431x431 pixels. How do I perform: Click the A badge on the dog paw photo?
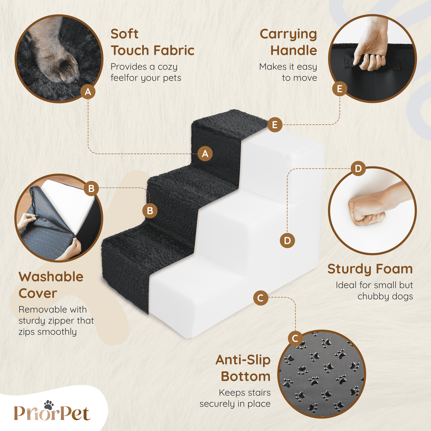click(88, 92)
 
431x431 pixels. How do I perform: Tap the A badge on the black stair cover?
click(205, 154)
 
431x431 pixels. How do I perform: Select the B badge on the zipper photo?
click(91, 189)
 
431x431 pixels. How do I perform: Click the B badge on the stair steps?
click(150, 211)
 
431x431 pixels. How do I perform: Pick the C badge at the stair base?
click(261, 298)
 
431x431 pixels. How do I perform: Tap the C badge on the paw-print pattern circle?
click(295, 338)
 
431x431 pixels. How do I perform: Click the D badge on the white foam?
click(287, 240)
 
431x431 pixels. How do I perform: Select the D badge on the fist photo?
click(358, 169)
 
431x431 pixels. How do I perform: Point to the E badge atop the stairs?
click(275, 125)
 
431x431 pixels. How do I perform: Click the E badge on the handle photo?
click(339, 89)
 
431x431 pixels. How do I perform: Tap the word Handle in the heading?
click(294, 50)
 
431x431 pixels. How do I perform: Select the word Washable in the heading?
click(51, 277)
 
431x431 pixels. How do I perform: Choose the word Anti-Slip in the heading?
click(243, 360)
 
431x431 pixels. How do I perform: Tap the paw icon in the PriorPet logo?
click(49, 405)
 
